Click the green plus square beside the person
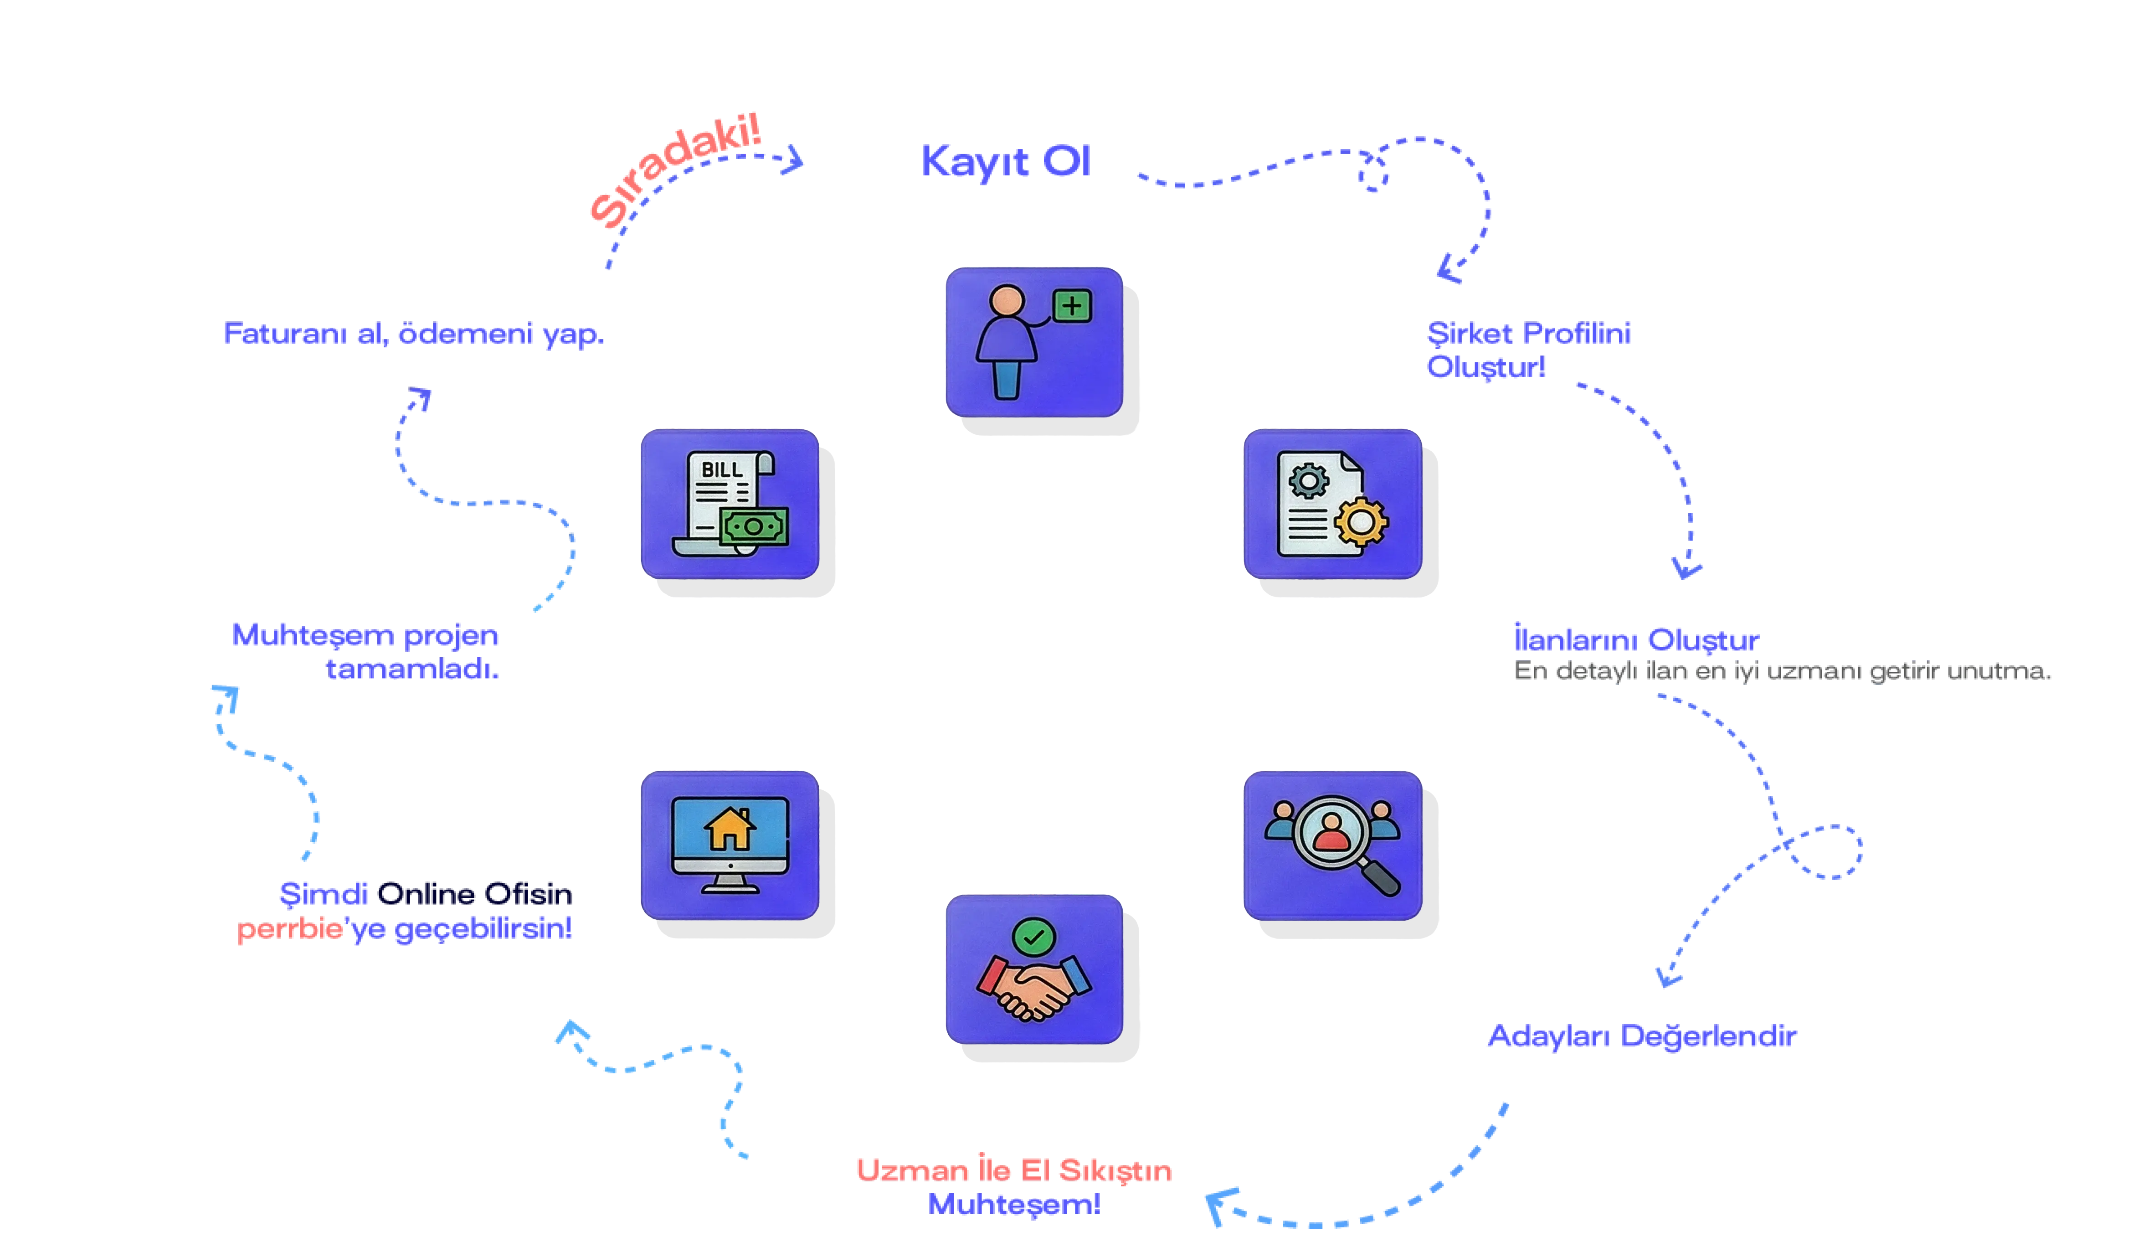(x=1072, y=305)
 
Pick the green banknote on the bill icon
(x=753, y=526)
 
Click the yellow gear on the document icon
(x=1360, y=520)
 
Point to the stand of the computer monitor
(x=730, y=885)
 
